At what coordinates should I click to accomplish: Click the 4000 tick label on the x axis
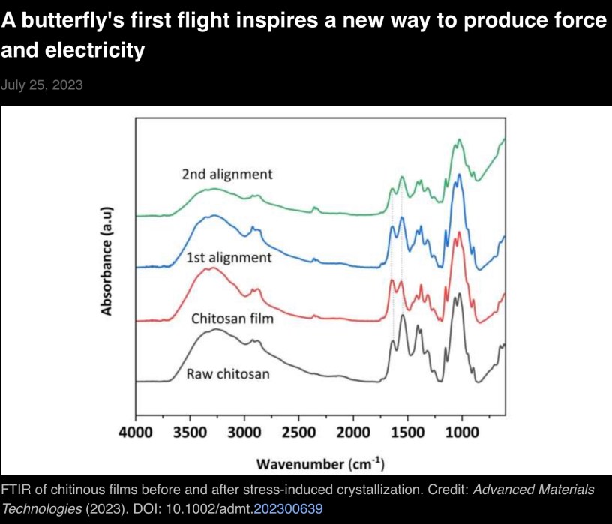(136, 433)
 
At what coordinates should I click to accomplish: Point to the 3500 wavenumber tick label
(190, 433)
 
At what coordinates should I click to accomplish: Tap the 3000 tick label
(244, 433)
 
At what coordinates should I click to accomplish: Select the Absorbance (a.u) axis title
(106, 259)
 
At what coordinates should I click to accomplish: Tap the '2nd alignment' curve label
(226, 174)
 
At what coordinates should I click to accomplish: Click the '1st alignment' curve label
(229, 257)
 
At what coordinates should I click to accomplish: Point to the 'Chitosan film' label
(232, 318)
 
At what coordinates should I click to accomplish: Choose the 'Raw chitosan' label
(228, 373)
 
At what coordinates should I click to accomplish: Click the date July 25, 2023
(42, 85)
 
